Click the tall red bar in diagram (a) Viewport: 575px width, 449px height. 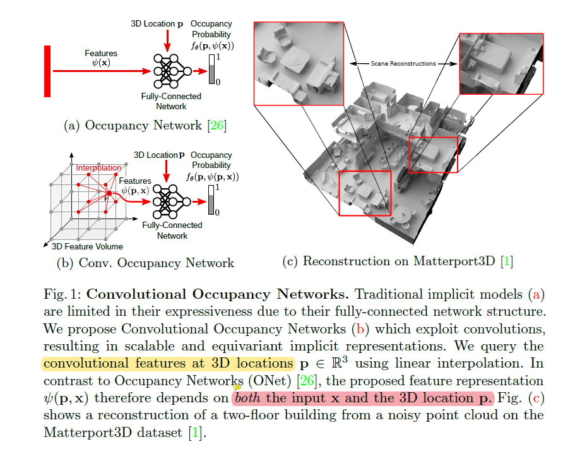[x=47, y=71]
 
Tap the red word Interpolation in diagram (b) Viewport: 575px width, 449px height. [x=98, y=168]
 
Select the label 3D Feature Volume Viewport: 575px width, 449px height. [x=88, y=246]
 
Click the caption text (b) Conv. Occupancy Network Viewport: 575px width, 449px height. [x=145, y=263]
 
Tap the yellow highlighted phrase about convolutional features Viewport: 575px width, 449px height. [x=168, y=364]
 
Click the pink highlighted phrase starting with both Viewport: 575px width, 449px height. [x=362, y=398]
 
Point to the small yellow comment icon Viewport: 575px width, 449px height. [x=237, y=388]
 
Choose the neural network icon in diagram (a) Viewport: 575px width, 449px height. [x=169, y=71]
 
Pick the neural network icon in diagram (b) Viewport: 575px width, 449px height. [x=169, y=201]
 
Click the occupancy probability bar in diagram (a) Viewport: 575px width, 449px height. [x=211, y=69]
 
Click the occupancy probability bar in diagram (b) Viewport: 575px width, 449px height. [x=211, y=200]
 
